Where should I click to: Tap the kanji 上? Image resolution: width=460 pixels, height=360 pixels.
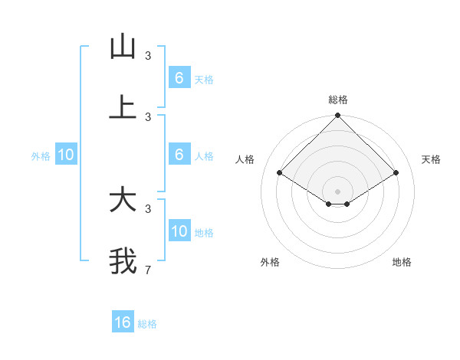pos(123,108)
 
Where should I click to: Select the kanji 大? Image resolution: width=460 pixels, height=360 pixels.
pos(123,201)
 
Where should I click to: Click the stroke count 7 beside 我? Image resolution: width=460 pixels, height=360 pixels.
pos(148,270)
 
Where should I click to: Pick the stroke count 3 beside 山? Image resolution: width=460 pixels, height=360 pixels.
pos(148,55)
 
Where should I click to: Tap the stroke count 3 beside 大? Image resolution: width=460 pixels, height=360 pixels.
pos(148,208)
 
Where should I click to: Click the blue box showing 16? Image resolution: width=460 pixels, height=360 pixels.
pos(123,322)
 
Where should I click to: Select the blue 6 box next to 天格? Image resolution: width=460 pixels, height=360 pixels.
pos(179,77)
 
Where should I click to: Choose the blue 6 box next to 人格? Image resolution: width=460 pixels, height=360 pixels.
pos(179,155)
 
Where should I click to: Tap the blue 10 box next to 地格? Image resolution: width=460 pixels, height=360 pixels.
pos(179,231)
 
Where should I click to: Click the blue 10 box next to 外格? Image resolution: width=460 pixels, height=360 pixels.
pos(66,155)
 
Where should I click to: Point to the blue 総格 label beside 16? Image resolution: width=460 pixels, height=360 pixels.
pos(147,324)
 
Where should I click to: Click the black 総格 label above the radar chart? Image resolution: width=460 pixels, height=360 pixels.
pos(338,100)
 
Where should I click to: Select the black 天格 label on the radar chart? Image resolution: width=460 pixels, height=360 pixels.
pos(431,159)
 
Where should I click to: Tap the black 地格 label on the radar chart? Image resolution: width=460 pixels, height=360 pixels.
pos(402,262)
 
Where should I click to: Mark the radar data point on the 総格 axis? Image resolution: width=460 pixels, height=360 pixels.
pos(337,116)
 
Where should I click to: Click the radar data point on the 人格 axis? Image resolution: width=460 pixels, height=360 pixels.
pos(280,173)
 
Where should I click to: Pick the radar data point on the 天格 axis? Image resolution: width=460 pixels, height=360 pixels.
pos(396,173)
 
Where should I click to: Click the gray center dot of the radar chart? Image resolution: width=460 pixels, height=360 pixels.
pos(337,191)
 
